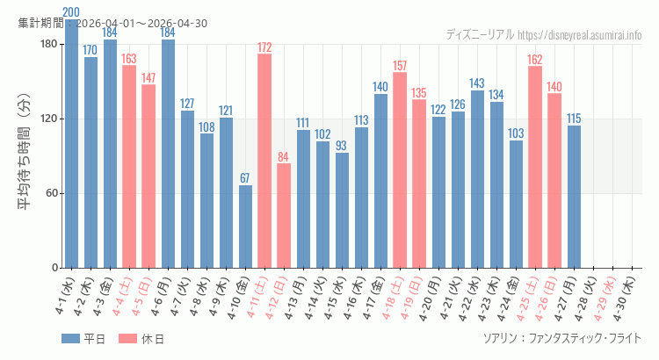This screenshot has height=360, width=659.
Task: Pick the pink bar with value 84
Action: [x=284, y=216]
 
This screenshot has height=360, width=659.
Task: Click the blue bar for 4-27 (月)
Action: [x=574, y=197]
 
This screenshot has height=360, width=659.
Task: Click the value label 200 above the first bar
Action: [x=71, y=12]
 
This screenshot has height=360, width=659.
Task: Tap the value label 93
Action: [x=342, y=146]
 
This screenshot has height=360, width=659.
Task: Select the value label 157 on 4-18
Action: [x=400, y=66]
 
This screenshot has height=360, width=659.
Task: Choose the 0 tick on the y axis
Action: [x=54, y=268]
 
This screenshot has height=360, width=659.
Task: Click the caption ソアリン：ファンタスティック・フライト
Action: [x=561, y=338]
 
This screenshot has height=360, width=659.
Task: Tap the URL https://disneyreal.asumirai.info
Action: [x=579, y=35]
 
